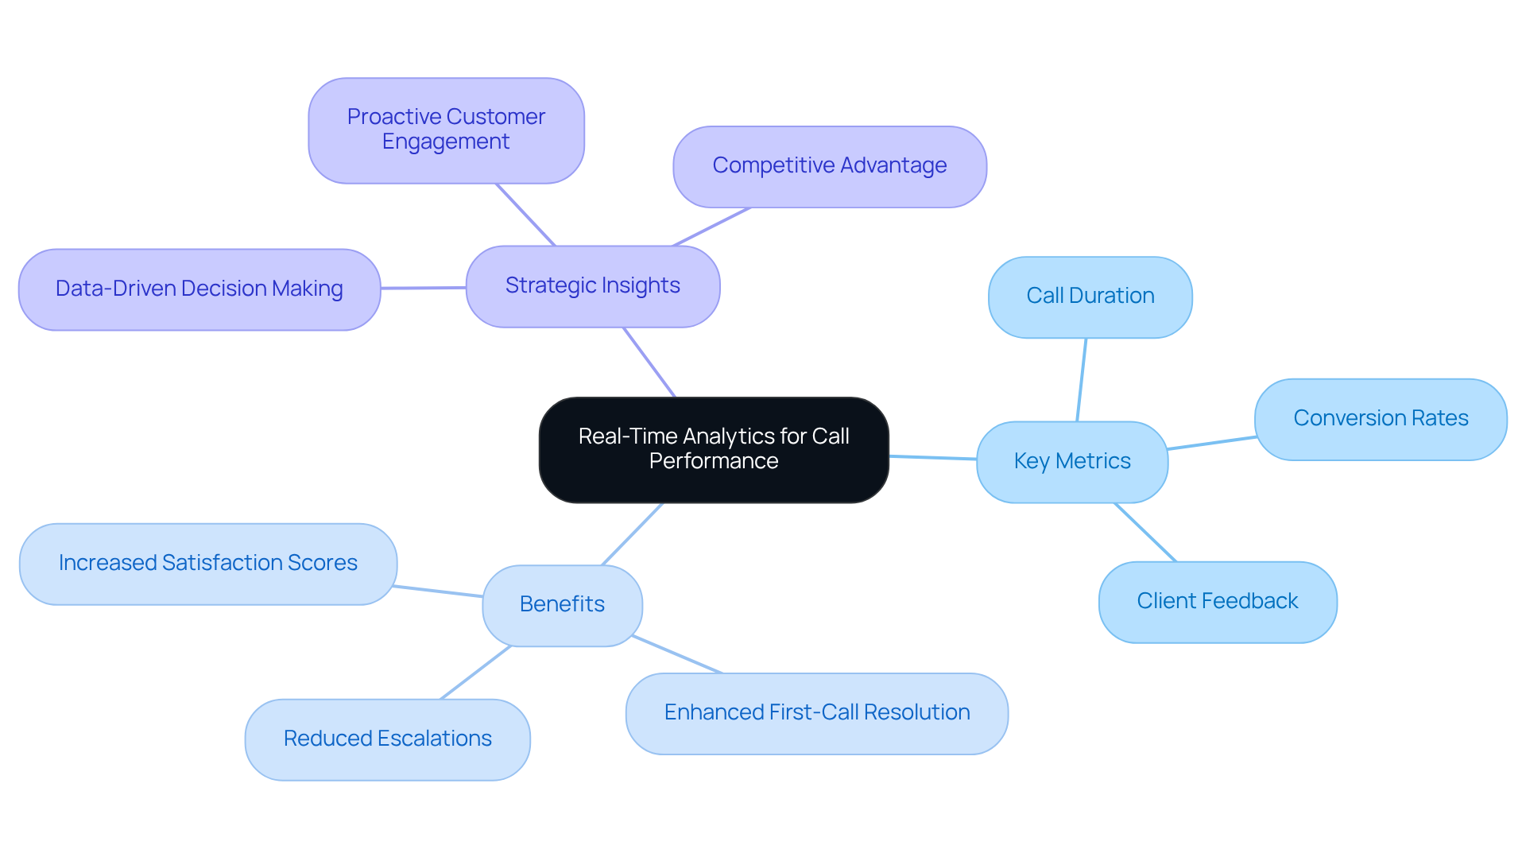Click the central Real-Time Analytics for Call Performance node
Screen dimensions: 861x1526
click(x=713, y=449)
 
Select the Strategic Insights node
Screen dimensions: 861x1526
click(x=592, y=286)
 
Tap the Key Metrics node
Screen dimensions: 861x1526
click(x=1071, y=462)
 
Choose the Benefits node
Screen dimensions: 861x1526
click(x=562, y=605)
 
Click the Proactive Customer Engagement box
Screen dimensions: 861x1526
click(x=446, y=130)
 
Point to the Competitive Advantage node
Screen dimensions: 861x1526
click(x=829, y=166)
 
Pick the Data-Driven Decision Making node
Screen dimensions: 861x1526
click(x=199, y=289)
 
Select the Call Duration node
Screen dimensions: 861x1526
click(x=1090, y=297)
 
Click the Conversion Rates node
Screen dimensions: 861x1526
click(x=1380, y=419)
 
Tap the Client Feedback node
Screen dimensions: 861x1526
click(x=1217, y=602)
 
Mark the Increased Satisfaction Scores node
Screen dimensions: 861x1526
click(x=207, y=564)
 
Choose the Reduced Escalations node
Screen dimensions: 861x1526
click(x=387, y=739)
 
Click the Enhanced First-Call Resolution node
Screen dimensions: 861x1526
click(x=816, y=713)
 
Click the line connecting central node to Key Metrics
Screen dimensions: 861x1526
click(x=932, y=458)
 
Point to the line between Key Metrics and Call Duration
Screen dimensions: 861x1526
click(x=1081, y=380)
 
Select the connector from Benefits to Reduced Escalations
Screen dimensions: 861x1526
click(x=475, y=673)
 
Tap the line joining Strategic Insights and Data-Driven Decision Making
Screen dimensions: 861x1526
click(x=423, y=288)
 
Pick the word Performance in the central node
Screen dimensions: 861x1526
click(x=713, y=462)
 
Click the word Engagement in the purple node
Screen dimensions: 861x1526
click(x=445, y=142)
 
